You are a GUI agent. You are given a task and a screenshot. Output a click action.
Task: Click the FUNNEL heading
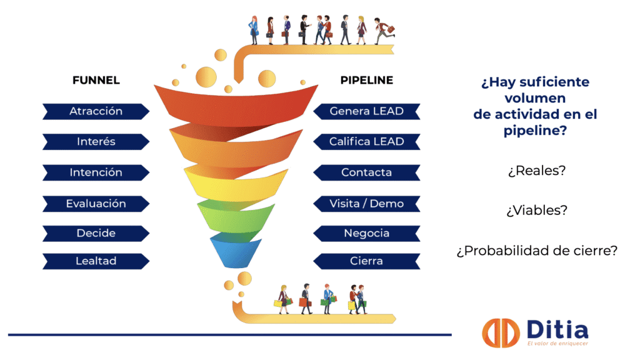point(96,80)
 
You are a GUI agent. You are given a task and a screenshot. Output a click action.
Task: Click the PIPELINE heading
point(366,80)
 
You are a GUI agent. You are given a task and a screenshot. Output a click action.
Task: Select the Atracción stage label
point(96,111)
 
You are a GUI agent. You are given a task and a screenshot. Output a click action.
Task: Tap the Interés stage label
point(96,142)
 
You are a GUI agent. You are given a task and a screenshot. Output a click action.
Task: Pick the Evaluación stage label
point(96,204)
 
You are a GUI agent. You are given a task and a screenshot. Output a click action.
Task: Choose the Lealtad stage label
point(96,261)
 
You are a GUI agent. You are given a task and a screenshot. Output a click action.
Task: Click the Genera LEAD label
point(366,111)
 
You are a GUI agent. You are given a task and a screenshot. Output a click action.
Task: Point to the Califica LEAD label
point(366,142)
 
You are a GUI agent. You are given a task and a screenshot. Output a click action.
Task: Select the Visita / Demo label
point(366,204)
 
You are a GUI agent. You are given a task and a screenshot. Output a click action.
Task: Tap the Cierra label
point(366,261)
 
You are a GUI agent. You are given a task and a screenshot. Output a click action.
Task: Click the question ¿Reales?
point(537,171)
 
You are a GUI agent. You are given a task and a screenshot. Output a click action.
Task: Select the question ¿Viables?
point(537,210)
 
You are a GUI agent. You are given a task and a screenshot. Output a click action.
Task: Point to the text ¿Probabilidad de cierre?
point(537,251)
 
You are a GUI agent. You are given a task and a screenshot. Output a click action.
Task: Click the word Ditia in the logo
point(557,330)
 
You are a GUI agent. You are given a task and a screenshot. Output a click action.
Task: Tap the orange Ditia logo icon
point(501,333)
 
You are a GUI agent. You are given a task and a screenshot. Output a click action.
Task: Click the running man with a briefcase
point(384,31)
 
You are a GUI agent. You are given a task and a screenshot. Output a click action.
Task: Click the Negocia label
point(366,234)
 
